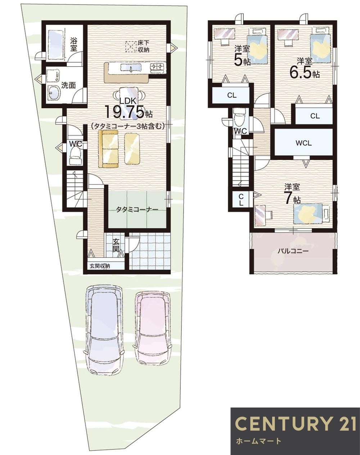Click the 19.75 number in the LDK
coord(124,112)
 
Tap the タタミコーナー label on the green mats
coord(137,210)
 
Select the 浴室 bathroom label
coord(73,44)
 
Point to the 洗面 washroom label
coord(68,85)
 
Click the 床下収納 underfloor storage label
coord(143,46)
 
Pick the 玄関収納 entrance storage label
coord(100,266)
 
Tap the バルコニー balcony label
coord(292,251)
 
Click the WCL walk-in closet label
coord(303,143)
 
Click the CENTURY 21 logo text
coord(295,423)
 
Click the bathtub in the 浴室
coord(56,45)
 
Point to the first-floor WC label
coord(76,144)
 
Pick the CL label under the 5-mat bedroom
coord(232,95)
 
